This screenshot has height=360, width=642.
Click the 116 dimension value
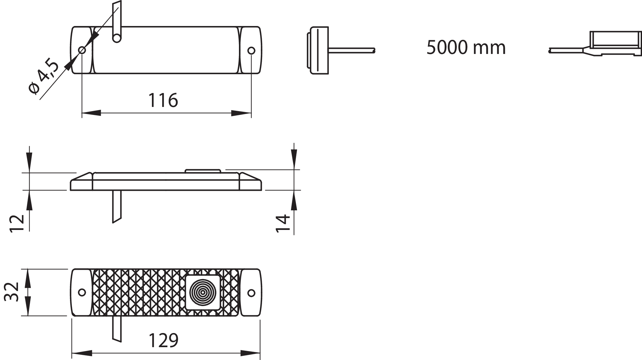tap(163, 100)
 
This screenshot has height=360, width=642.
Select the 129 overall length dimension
tap(163, 340)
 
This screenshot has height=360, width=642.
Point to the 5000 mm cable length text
tap(466, 48)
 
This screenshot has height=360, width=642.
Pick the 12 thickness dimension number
tap(17, 223)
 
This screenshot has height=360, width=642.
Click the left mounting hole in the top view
tap(82, 50)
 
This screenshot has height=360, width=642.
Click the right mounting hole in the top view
tap(251, 50)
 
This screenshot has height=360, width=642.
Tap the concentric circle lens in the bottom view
tap(203, 292)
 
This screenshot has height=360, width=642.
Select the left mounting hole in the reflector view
tap(82, 292)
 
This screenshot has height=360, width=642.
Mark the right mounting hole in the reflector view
tap(251, 293)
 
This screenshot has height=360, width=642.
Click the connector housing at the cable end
tap(615, 43)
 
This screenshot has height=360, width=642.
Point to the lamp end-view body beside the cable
tap(318, 50)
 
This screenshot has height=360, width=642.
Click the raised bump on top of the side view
tap(203, 171)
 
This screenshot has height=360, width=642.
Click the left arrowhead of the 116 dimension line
tap(91, 113)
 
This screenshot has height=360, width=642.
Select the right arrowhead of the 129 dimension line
tap(251, 353)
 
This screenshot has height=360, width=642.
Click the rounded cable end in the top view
tap(117, 38)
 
